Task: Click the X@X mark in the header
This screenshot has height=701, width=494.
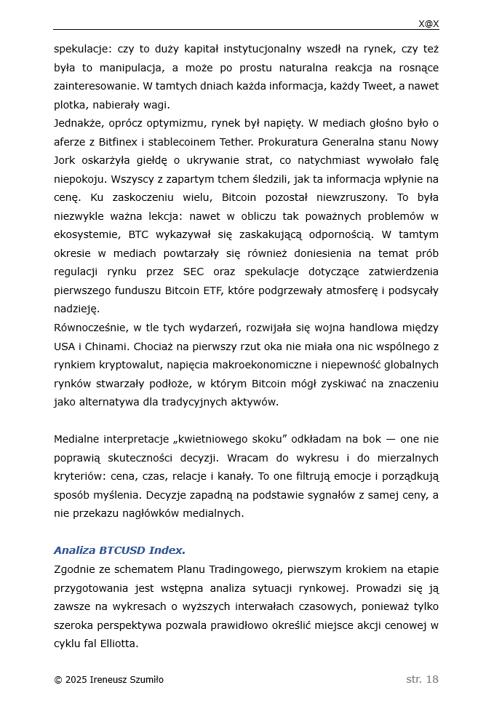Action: coord(428,23)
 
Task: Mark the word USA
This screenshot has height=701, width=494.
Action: coord(64,346)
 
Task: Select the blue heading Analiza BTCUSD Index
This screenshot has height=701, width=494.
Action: coord(119,550)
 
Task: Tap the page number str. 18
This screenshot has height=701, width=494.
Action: coord(422,679)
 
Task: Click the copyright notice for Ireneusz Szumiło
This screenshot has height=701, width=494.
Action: coord(108,680)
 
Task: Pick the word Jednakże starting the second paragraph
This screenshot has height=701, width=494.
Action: coord(80,123)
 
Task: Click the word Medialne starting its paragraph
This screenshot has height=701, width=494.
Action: coord(77,439)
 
